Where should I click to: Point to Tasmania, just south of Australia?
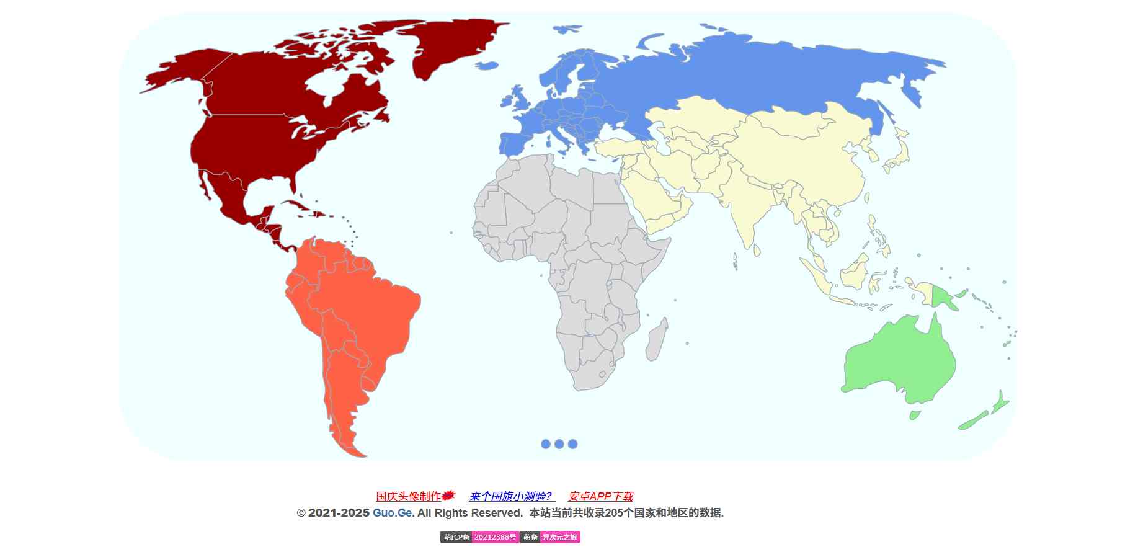pos(914,414)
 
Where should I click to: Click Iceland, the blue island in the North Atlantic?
pos(567,29)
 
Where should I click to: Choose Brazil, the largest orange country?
pos(372,310)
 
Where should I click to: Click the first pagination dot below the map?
pos(546,444)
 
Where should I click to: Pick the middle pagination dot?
pos(559,444)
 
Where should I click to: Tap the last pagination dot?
pos(573,444)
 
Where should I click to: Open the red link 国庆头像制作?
pos(409,497)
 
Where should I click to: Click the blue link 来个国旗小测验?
pos(510,497)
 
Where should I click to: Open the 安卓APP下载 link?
pos(600,497)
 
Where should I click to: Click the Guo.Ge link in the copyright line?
pos(392,513)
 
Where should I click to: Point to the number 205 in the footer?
pos(613,513)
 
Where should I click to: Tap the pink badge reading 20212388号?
pos(495,537)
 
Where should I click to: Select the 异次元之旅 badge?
pos(559,537)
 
